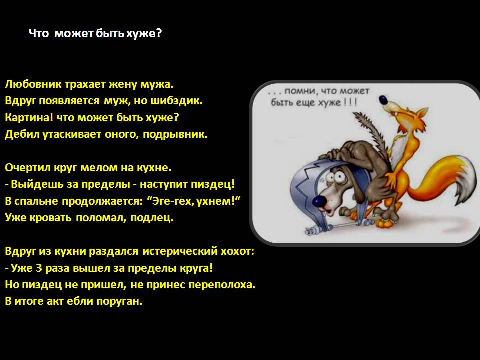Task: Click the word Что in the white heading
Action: pos(39,33)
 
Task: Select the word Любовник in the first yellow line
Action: pos(33,84)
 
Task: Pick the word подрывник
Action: pos(175,134)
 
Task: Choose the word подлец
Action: pos(152,218)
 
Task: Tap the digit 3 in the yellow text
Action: pos(39,268)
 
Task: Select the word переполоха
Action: pos(222,285)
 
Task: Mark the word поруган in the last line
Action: pos(119,302)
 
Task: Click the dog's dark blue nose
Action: pos(319,201)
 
